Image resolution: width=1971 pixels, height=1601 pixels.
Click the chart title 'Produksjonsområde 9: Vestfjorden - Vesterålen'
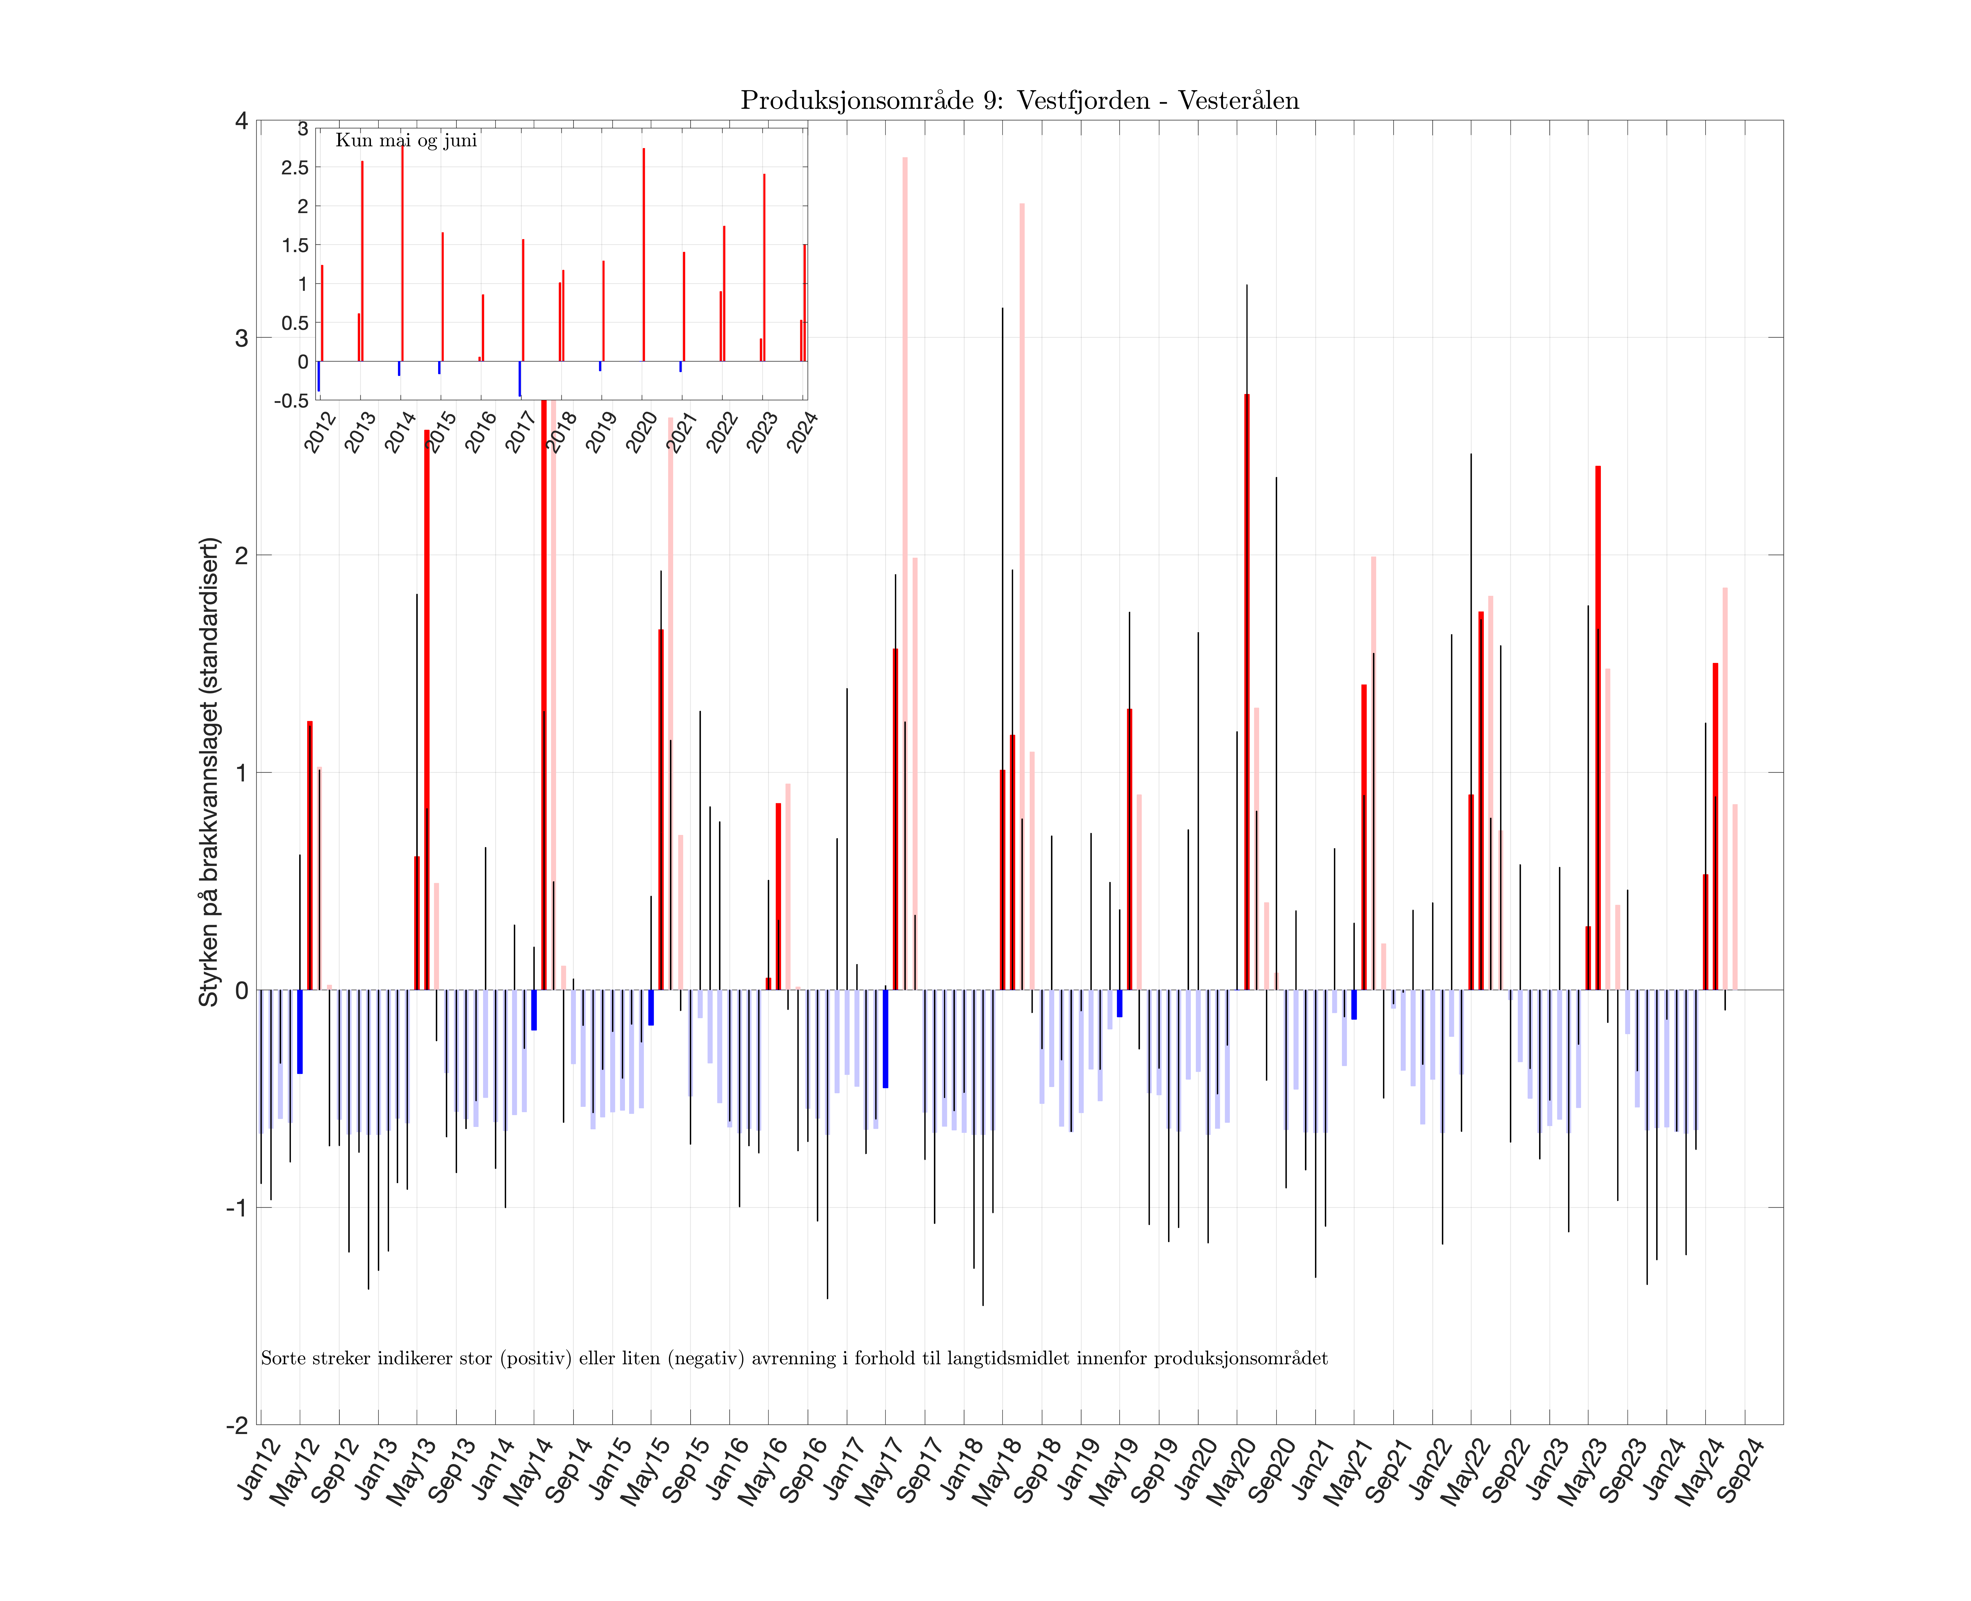1019,100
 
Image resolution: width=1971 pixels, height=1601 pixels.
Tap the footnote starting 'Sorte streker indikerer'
793,1358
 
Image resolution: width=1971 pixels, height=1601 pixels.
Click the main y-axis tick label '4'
242,121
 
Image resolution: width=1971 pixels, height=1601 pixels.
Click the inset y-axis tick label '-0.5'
291,400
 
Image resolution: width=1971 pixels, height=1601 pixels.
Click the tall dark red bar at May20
1247,692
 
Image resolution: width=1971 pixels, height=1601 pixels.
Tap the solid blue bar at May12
300,1031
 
